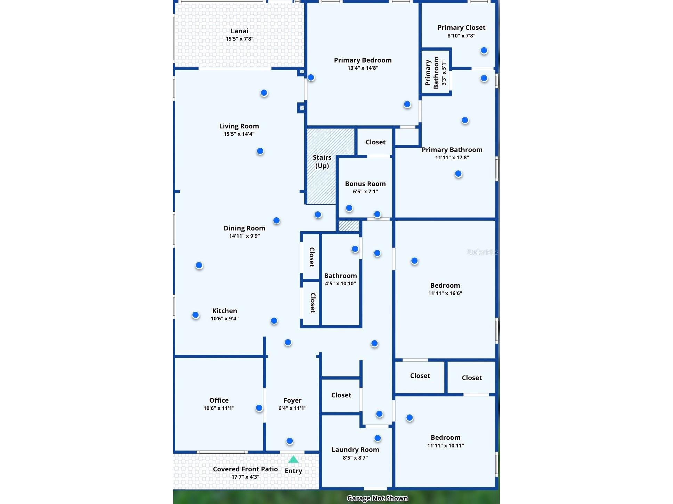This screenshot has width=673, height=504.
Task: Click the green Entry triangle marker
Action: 293,460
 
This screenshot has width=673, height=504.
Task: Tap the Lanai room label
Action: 240,31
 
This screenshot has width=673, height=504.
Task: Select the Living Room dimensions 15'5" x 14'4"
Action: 239,134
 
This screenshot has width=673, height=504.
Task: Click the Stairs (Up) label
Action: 322,161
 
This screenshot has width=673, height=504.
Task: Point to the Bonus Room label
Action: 365,184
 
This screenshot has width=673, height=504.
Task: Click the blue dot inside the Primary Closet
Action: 484,51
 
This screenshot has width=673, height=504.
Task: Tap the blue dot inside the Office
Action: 259,408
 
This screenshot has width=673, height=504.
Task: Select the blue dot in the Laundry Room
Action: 378,438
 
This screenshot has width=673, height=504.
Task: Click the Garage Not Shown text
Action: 378,498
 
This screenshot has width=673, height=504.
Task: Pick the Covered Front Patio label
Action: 245,469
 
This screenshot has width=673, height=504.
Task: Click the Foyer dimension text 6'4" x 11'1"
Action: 292,408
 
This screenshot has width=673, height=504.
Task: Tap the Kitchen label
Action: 225,311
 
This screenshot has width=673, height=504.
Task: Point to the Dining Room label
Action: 244,228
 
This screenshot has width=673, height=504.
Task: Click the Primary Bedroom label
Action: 363,60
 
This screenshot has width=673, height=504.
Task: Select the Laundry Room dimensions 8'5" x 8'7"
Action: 355,458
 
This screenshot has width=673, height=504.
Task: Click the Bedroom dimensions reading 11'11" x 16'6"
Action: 445,293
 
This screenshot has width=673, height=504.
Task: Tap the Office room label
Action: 219,400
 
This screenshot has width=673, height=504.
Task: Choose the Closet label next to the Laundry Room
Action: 341,395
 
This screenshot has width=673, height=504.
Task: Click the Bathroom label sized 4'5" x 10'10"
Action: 341,276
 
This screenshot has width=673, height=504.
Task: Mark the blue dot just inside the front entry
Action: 290,441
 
